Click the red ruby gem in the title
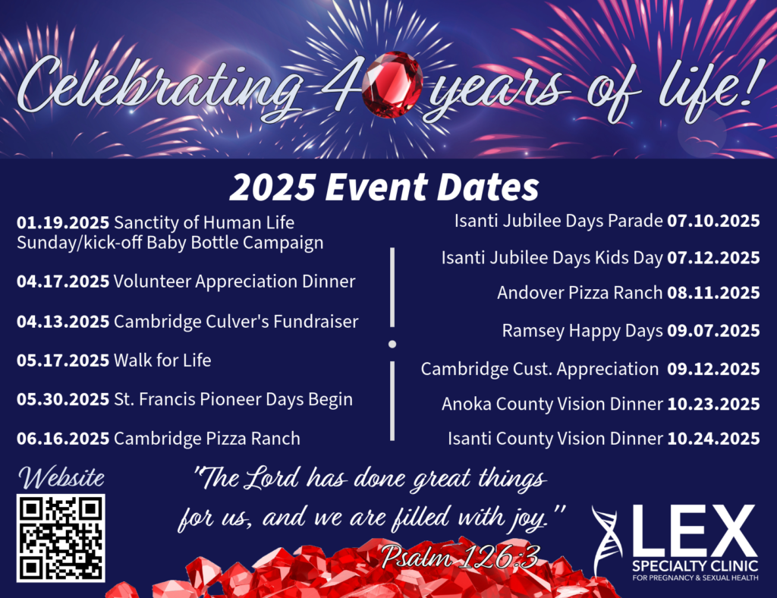tap(392, 85)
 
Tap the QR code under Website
tap(61, 538)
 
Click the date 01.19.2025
tap(63, 222)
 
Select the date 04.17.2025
tap(63, 282)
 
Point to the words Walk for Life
tap(162, 360)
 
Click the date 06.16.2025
tap(63, 439)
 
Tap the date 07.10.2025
tap(713, 221)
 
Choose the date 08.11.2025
tap(713, 293)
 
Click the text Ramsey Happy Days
tap(582, 331)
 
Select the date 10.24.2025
tap(713, 439)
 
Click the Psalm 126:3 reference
tap(460, 557)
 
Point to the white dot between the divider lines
tap(392, 344)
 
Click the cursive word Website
tap(61, 477)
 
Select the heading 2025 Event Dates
tap(384, 187)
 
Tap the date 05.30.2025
tap(63, 399)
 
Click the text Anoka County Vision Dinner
tap(552, 404)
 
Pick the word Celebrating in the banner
tap(159, 85)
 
